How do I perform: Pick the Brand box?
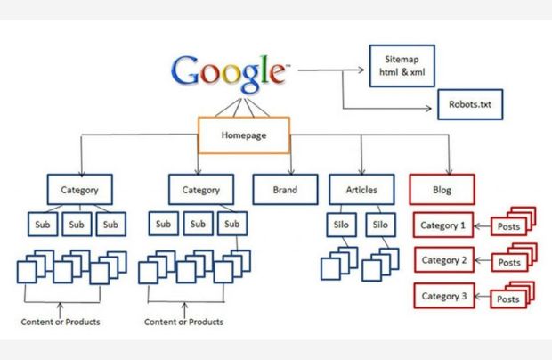(284, 190)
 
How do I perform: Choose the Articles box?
(360, 190)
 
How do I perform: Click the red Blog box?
(442, 190)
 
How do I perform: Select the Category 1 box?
(443, 225)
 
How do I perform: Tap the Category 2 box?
(443, 260)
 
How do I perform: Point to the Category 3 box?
(443, 295)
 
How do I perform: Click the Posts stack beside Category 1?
(512, 225)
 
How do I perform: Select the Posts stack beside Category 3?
(512, 297)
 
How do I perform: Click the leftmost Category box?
(80, 190)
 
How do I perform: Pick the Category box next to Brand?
(200, 190)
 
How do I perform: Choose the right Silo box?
(380, 225)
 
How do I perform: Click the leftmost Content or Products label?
(60, 322)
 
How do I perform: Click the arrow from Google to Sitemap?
(330, 67)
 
